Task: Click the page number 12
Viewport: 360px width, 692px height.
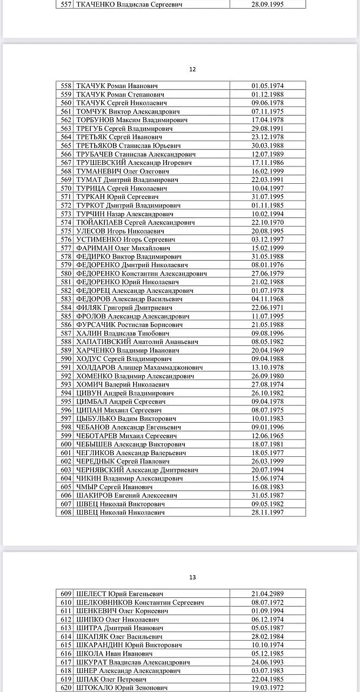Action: coord(192,69)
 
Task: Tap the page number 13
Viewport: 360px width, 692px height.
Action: coord(192,577)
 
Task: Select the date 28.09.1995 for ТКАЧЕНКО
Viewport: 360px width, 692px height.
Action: coord(268,4)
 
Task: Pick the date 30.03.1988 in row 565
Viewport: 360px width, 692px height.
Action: coord(268,145)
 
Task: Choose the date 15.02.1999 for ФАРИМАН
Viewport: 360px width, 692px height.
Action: coord(268,248)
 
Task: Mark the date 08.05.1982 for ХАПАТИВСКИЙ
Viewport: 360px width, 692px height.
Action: coord(268,342)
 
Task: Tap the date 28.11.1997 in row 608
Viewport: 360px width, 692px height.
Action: coord(268,513)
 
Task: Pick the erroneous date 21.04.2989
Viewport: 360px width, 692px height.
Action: coord(268,594)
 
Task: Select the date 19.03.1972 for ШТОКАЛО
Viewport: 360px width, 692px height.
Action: coord(268,688)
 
